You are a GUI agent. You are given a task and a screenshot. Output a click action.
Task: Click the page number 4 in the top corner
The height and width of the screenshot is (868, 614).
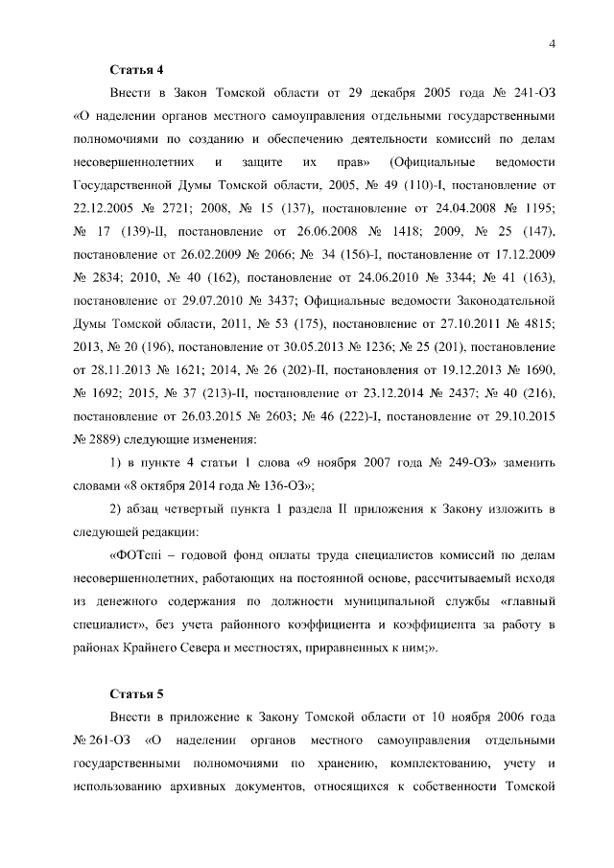click(x=554, y=43)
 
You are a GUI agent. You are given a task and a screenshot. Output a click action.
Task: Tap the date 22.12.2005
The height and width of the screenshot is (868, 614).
click(x=107, y=206)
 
